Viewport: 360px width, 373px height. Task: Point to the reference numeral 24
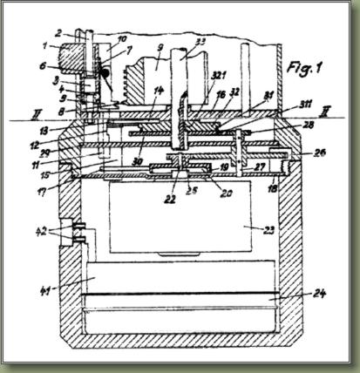coord(320,294)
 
